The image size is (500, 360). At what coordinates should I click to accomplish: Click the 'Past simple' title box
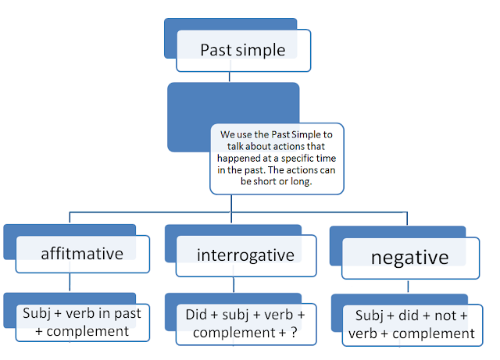pos(244,50)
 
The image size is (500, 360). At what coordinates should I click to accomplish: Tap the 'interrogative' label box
pos(245,255)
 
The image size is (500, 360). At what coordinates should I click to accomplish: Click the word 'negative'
pos(409,257)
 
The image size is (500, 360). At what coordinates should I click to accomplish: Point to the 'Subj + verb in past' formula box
pos(85,322)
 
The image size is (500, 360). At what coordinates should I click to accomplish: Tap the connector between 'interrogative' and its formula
pos(229,285)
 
